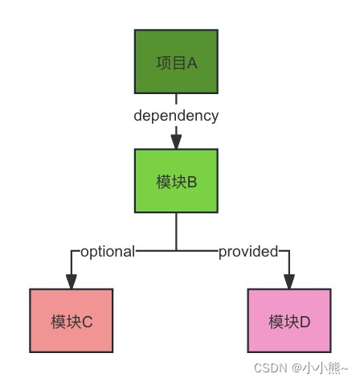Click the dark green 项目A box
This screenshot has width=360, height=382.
point(176,62)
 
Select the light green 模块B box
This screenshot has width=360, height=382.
point(176,180)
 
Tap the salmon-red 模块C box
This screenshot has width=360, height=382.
point(71,321)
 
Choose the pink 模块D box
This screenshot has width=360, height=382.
point(288,321)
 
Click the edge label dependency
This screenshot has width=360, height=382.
point(176,115)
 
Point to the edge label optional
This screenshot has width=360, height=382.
point(108,251)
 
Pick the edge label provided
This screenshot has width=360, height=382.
point(248,251)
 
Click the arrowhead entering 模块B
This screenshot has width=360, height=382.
point(176,142)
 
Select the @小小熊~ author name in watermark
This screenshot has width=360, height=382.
point(318,367)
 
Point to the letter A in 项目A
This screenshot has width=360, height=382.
point(192,63)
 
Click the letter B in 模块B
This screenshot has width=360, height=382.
point(192,181)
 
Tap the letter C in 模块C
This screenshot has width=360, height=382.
point(88,322)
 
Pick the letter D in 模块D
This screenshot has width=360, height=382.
point(305,322)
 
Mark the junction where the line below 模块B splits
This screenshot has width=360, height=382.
point(176,251)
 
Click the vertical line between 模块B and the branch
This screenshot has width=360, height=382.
point(176,232)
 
